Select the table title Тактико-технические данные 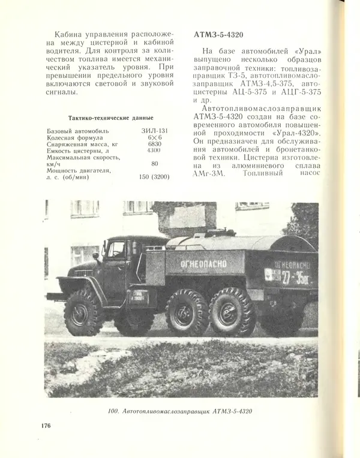tap(110, 117)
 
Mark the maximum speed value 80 tap(154, 163)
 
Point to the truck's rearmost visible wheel tap(233, 311)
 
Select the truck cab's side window tap(115, 250)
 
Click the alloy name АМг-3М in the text tap(210, 174)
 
